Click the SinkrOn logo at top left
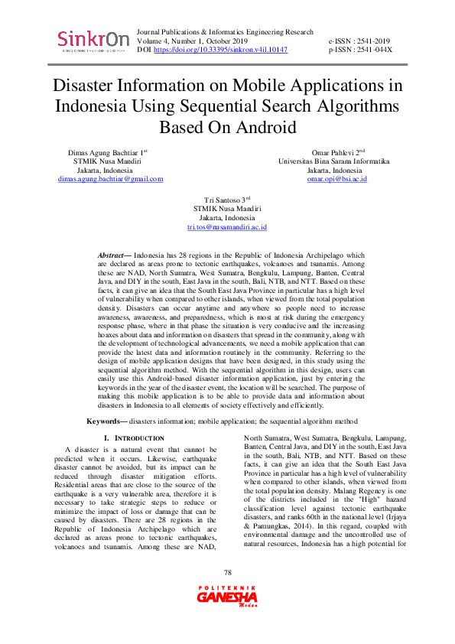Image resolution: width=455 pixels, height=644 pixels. pyautogui.click(x=93, y=41)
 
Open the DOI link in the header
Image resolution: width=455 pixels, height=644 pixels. pyautogui.click(x=221, y=50)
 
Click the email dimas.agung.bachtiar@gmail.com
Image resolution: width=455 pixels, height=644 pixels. pyautogui.click(x=111, y=179)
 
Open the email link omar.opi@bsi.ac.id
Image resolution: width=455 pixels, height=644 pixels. pyautogui.click(x=337, y=179)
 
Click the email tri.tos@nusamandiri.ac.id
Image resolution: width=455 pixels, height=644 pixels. pyautogui.click(x=227, y=227)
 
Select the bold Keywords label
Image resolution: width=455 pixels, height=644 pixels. pyautogui.click(x=106, y=421)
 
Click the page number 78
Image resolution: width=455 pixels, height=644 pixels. pyautogui.click(x=227, y=594)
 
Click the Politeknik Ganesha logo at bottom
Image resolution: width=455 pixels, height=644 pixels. pyautogui.click(x=226, y=616)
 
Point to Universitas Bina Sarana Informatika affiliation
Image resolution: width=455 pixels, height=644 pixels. pyautogui.click(x=334, y=162)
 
